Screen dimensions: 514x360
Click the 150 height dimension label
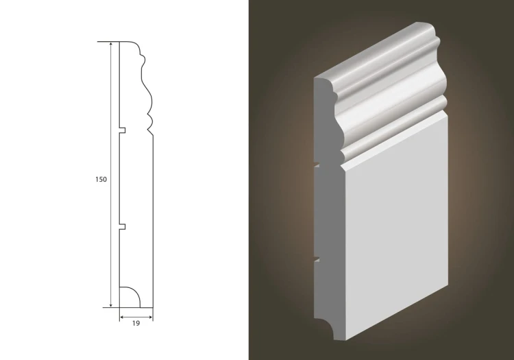point(101,180)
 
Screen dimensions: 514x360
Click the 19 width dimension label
point(136,324)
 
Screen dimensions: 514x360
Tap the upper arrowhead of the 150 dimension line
point(111,45)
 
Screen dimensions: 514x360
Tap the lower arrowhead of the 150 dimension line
point(111,304)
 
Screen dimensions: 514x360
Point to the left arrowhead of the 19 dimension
point(122,317)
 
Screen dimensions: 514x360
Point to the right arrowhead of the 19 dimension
point(150,317)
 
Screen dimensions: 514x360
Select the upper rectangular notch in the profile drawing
point(122,130)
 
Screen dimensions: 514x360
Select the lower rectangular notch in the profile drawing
point(122,226)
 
